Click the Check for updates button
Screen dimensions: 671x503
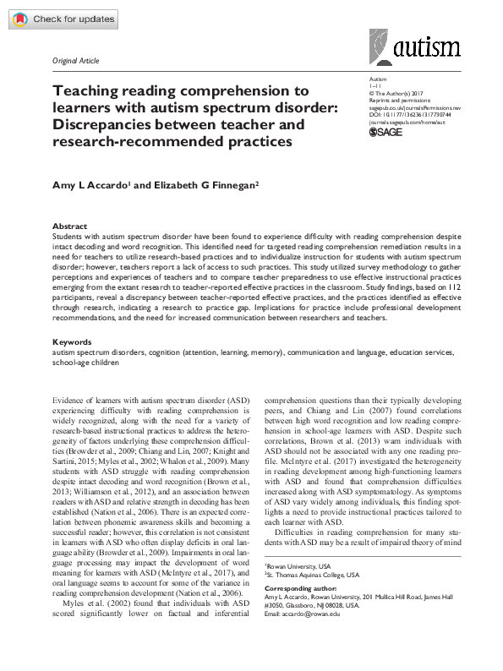click(x=55, y=18)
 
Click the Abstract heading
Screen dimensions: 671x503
click(x=69, y=226)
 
